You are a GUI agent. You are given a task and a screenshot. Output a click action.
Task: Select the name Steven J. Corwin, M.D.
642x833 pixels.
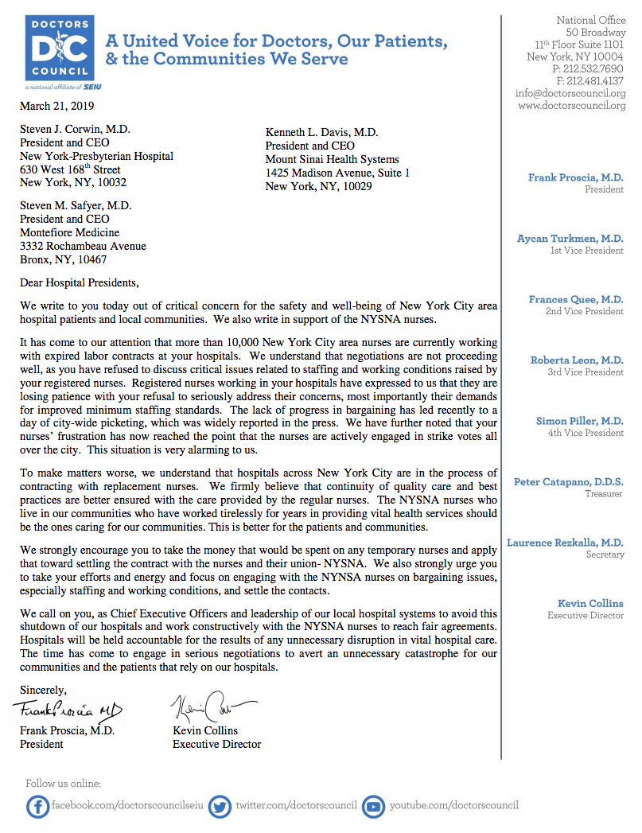(76, 130)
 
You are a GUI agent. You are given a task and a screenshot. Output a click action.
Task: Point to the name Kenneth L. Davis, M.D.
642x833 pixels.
(322, 133)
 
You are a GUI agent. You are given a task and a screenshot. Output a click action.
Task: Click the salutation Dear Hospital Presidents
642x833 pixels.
(79, 282)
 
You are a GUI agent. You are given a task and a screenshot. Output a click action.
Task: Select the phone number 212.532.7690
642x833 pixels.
(593, 69)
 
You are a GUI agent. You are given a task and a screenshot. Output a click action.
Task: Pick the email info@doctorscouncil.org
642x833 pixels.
(570, 93)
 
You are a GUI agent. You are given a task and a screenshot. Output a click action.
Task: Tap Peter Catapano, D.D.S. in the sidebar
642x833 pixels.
(568, 482)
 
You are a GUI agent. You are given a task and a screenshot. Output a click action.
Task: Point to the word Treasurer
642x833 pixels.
(604, 494)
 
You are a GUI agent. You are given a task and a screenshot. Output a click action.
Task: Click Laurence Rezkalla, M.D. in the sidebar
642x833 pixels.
(565, 543)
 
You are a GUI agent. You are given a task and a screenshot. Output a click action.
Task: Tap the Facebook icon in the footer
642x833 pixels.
(37, 807)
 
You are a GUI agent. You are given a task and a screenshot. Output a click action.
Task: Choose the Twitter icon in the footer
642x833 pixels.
(221, 807)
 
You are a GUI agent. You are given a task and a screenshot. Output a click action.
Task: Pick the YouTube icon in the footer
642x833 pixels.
(373, 807)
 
